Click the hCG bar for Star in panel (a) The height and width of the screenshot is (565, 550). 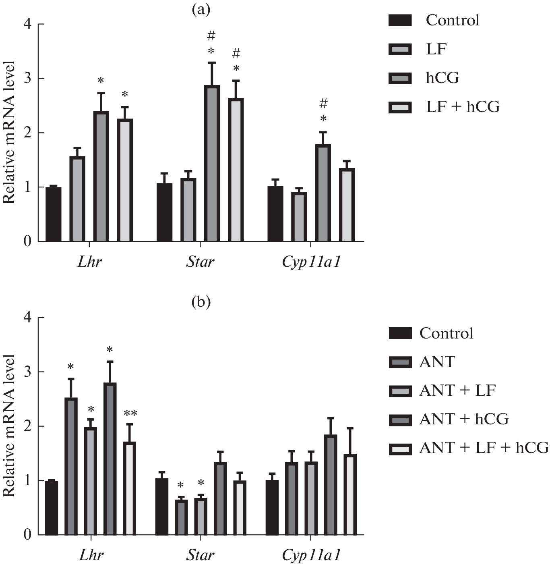click(x=212, y=164)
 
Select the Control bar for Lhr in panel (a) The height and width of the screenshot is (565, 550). click(x=54, y=214)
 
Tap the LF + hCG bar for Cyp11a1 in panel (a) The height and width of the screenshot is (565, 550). click(x=347, y=205)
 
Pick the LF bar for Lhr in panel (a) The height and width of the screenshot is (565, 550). click(x=77, y=199)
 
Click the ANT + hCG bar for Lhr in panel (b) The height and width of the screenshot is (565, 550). click(x=110, y=459)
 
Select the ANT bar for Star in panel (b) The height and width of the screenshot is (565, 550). click(x=181, y=517)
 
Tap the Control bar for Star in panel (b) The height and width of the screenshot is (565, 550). click(x=162, y=507)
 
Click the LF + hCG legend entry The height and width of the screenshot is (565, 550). click(x=463, y=107)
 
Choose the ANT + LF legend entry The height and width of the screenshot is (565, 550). click(x=457, y=391)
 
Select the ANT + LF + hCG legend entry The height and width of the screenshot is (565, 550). click(x=484, y=448)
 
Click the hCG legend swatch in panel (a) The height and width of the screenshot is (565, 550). click(x=400, y=78)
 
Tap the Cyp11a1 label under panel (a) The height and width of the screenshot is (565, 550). click(x=311, y=262)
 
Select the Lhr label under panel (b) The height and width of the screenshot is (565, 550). click(x=91, y=555)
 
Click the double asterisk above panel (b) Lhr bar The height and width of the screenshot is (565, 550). click(x=130, y=413)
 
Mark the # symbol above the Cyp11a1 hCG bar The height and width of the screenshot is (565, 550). click(x=323, y=104)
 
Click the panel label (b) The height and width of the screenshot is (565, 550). click(x=201, y=302)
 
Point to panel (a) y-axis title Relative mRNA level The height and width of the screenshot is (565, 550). click(x=9, y=133)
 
